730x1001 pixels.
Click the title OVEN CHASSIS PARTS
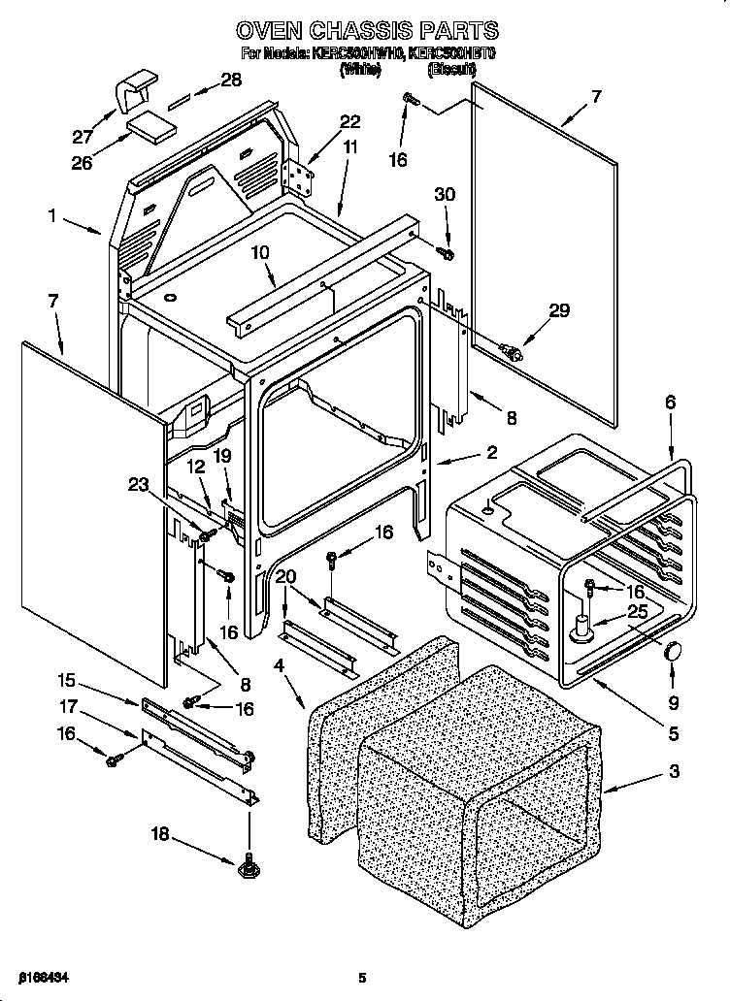click(368, 30)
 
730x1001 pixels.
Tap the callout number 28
click(232, 81)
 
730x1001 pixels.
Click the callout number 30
click(445, 195)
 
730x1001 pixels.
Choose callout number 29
click(559, 311)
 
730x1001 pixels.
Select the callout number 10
click(261, 253)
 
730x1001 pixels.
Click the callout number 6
click(670, 402)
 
